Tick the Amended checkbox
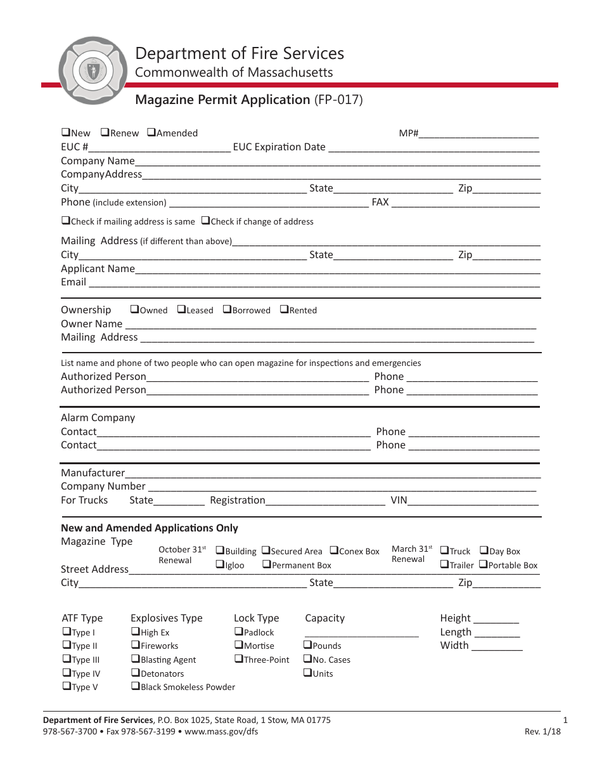(151, 133)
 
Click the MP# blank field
(479, 134)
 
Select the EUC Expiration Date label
(279, 147)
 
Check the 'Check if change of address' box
(205, 221)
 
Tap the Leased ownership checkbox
(181, 309)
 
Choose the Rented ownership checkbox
(284, 309)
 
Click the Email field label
(74, 282)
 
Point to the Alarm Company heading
(98, 418)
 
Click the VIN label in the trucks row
(399, 500)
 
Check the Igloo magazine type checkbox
(220, 564)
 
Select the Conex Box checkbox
(334, 550)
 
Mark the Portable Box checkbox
(483, 564)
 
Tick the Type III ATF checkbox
(66, 660)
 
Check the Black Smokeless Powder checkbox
(135, 686)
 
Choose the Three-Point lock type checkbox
(238, 659)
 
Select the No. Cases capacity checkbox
(307, 660)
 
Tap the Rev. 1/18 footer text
(542, 731)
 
